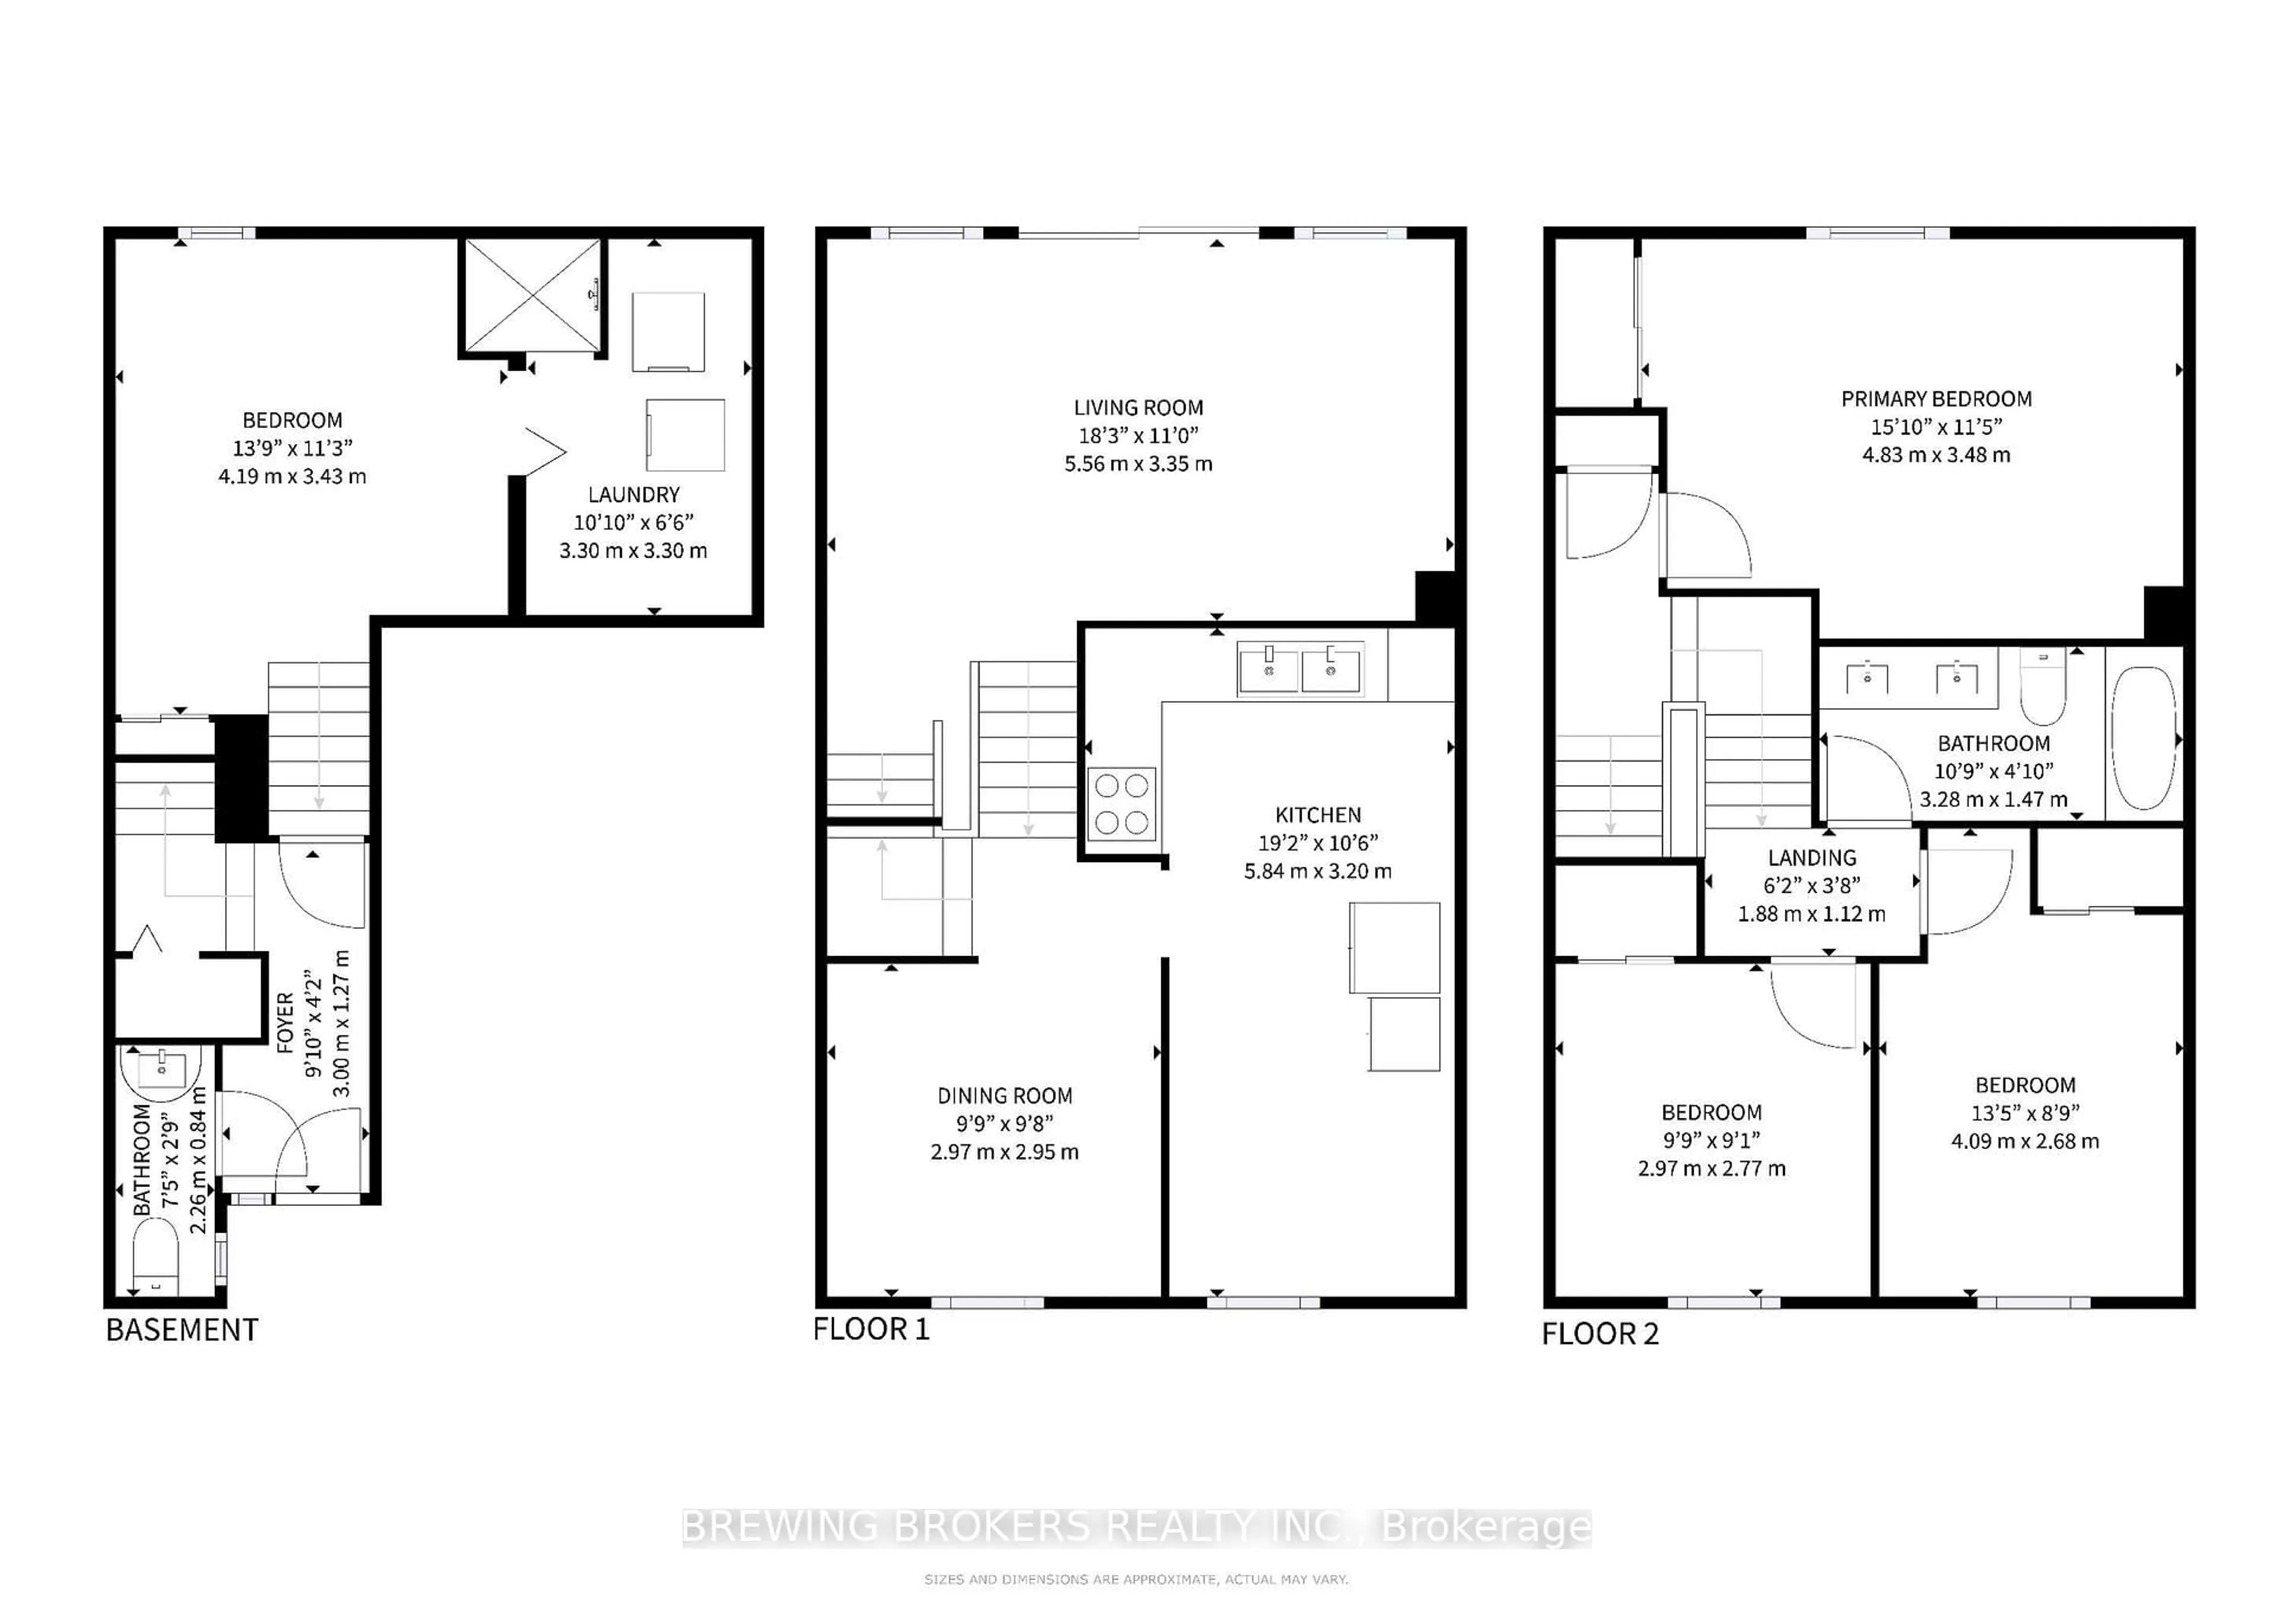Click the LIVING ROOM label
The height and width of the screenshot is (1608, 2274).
(x=1138, y=407)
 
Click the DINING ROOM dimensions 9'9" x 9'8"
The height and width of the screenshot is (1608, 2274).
(x=1004, y=1124)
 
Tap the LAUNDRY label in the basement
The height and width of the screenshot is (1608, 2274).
(x=634, y=494)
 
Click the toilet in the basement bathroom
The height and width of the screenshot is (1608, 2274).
(x=155, y=1256)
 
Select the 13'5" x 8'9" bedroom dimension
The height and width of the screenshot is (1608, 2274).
(x=2025, y=1113)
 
